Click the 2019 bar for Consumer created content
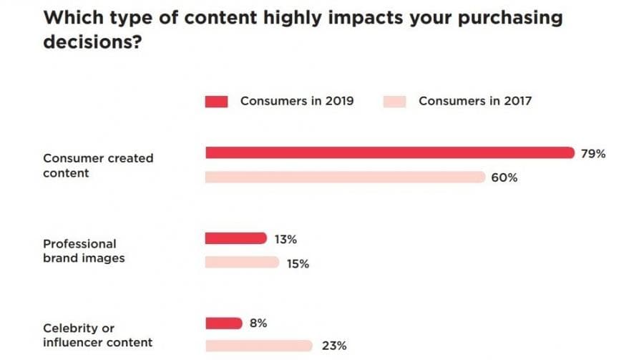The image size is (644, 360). point(390,152)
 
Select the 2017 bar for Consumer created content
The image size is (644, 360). point(345,177)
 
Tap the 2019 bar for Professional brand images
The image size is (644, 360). point(235,238)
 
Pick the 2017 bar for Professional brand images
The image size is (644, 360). point(242,263)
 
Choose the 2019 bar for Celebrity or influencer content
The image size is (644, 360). point(224,323)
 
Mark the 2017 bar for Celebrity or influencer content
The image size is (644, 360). point(259,346)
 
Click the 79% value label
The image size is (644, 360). point(593,153)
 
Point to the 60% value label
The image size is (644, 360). point(504,177)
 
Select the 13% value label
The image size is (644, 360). point(286,238)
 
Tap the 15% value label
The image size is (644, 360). point(298,263)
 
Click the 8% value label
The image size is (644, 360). point(258,323)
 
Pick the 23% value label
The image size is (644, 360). point(333,346)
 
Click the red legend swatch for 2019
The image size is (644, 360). point(216,102)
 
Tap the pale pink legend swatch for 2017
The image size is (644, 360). point(394,102)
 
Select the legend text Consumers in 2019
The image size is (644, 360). point(297,101)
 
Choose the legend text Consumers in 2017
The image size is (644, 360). point(475,101)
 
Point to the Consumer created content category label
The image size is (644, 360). point(98,165)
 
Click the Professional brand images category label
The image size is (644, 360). point(84,250)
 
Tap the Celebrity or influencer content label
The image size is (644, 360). point(97,335)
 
